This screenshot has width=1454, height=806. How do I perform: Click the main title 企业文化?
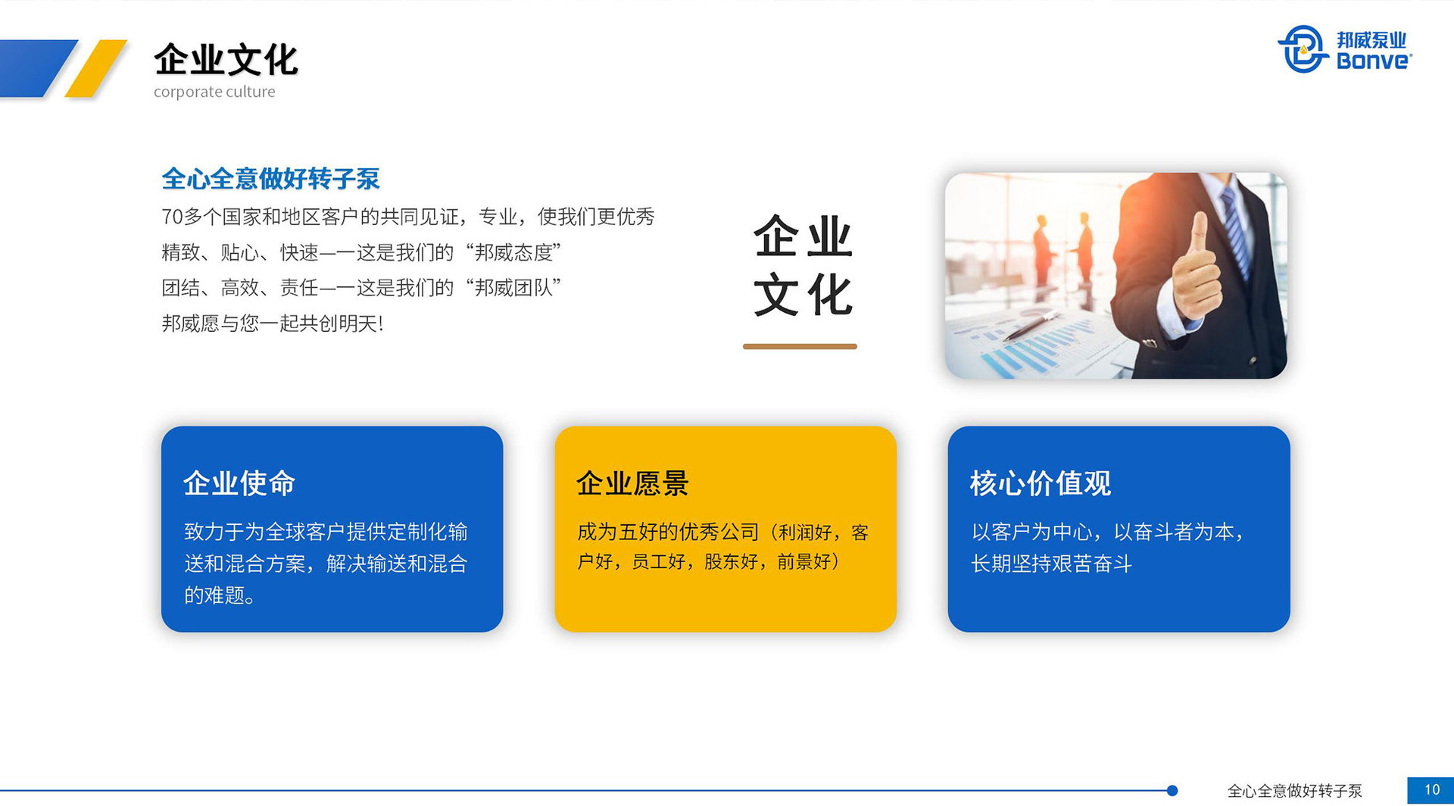coord(226,60)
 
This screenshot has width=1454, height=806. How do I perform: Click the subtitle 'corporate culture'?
coord(214,92)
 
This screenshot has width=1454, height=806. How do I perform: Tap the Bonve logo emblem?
coord(1303,49)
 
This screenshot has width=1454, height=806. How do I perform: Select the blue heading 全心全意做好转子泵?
coord(270,179)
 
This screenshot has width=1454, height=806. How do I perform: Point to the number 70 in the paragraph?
coord(172,217)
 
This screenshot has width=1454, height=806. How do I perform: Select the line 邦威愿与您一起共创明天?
coord(273,323)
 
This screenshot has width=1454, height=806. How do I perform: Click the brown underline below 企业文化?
coord(800,346)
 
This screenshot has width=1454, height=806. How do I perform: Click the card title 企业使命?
coord(239,483)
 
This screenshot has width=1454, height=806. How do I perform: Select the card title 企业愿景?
coord(632,483)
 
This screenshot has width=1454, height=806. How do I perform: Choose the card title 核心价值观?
coord(1040,483)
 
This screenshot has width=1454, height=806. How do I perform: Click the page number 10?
coord(1431,790)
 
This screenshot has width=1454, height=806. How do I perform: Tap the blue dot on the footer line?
coord(1172,791)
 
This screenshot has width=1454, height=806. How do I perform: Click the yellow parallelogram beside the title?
coord(96,68)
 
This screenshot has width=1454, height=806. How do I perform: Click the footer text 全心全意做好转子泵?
coord(1294,791)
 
